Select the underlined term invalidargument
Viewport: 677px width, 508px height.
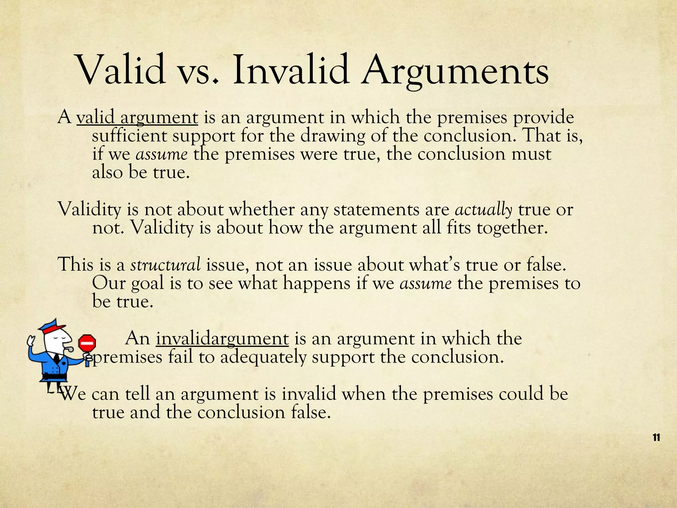[x=222, y=339]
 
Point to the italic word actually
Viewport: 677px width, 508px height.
[x=484, y=210]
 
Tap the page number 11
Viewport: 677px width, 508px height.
[x=657, y=438]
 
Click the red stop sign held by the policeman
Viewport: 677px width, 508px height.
[x=87, y=344]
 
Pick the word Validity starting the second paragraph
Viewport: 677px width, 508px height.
[x=90, y=210]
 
